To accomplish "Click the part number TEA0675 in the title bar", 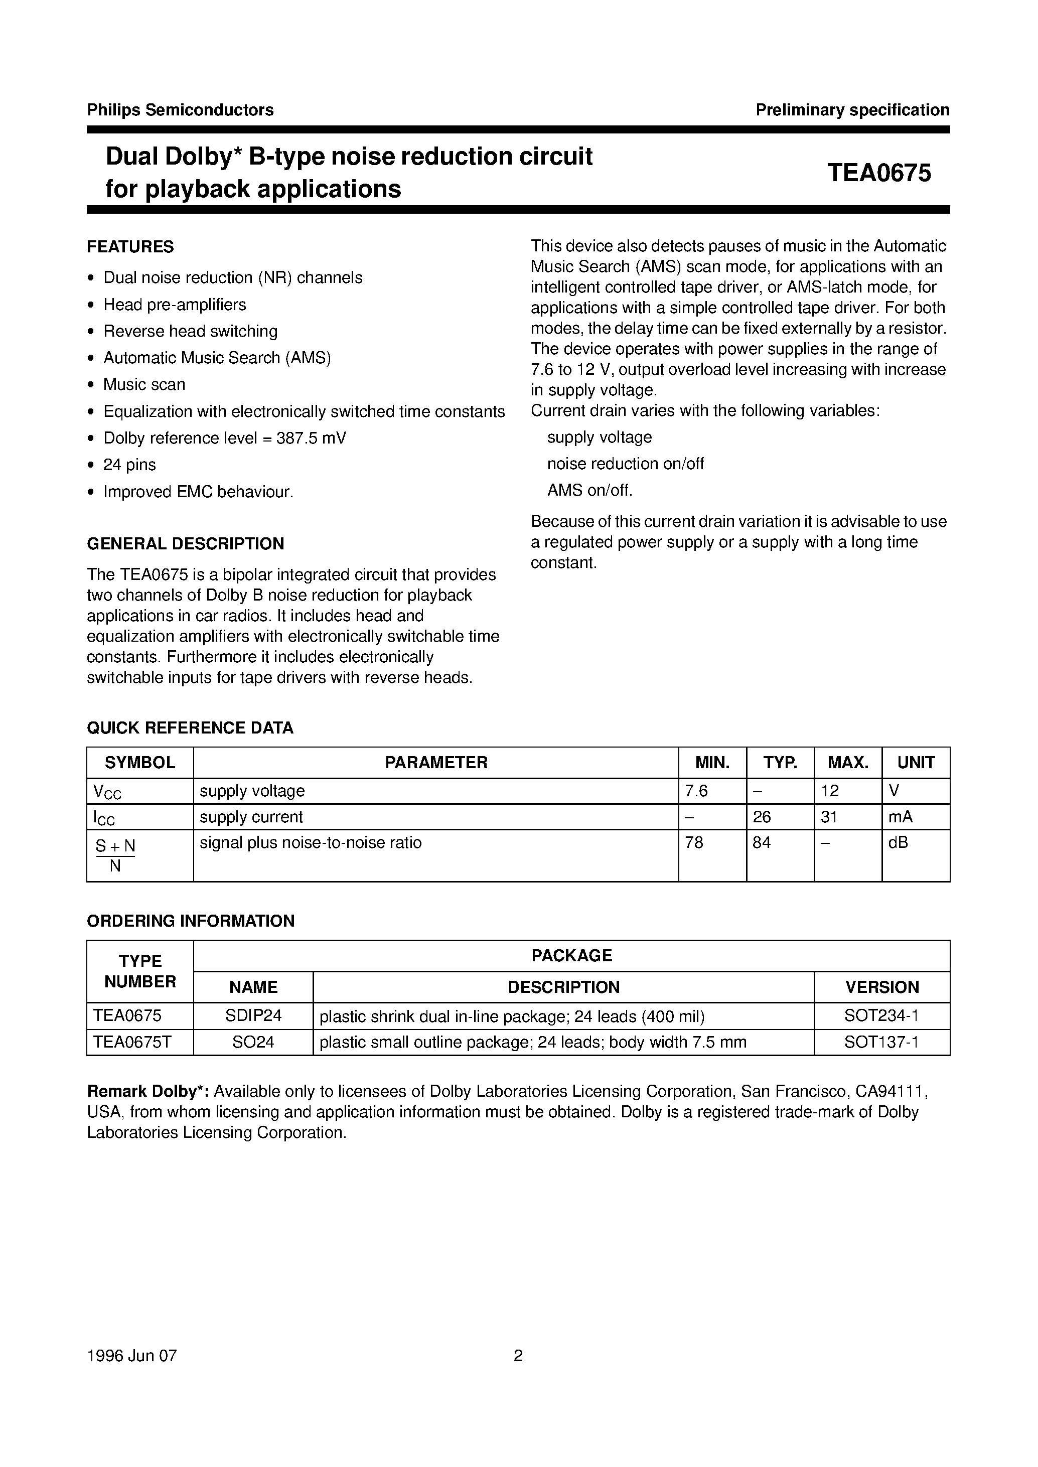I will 879,173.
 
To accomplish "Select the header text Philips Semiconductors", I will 180,110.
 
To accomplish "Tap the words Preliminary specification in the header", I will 852,110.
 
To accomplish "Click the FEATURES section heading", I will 130,247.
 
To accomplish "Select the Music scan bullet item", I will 144,385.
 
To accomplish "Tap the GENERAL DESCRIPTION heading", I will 185,544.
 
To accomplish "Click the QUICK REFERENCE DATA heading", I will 190,728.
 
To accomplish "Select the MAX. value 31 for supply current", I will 830,817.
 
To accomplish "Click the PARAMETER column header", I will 436,763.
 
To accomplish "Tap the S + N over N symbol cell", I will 116,855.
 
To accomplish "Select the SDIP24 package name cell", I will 253,1016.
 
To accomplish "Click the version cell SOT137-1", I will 881,1043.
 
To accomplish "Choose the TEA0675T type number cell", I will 132,1043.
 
